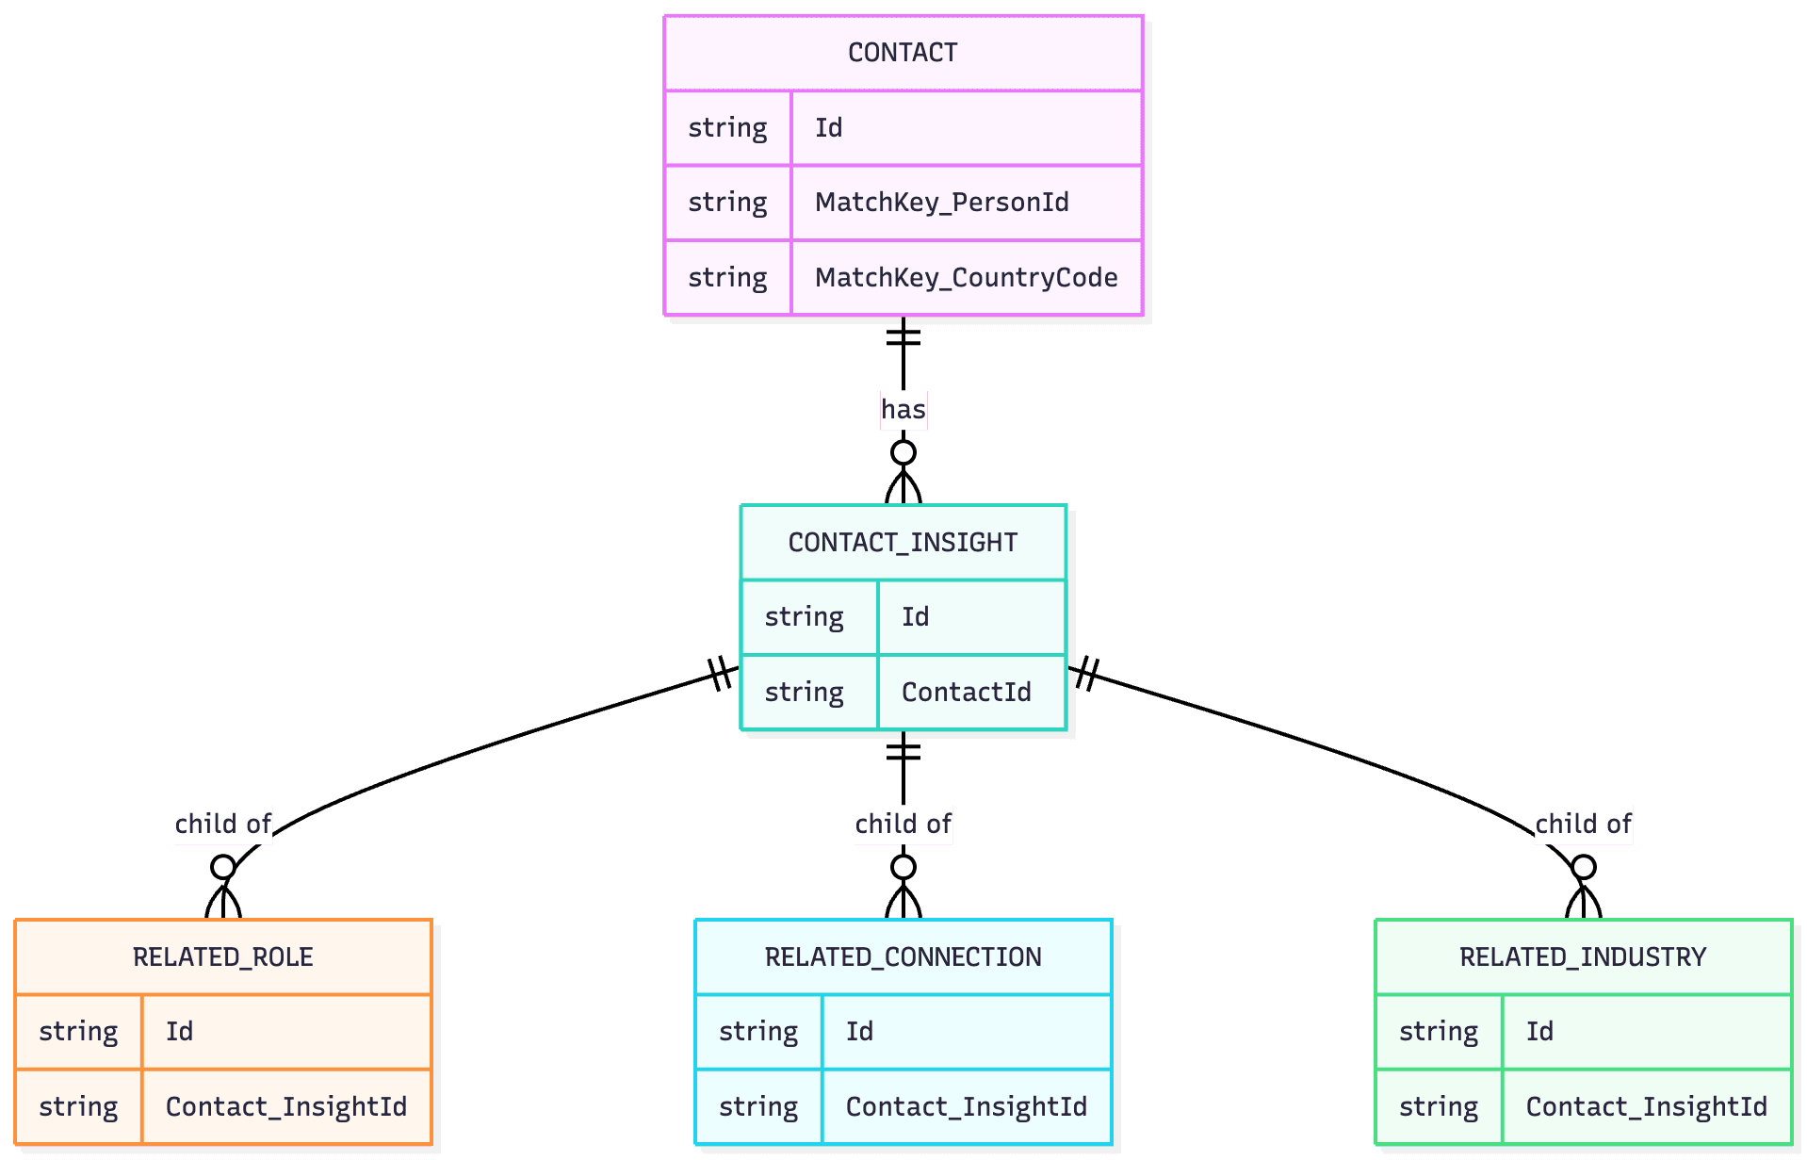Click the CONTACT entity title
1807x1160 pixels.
903,53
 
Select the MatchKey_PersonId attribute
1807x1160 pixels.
941,203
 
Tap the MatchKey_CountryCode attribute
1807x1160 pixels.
966,278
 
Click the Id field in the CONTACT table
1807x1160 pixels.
828,128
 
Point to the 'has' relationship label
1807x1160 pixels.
903,410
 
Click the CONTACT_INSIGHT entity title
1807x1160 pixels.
903,543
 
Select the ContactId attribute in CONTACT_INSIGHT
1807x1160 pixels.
966,693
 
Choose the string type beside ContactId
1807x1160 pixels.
804,693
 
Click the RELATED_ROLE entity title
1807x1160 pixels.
222,957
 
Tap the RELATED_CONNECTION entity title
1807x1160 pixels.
903,957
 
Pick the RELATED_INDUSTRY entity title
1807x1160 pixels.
1583,957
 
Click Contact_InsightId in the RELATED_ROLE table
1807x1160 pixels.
285,1107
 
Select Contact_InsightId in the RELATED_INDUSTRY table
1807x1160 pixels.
1646,1107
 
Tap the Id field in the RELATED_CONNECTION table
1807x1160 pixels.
859,1032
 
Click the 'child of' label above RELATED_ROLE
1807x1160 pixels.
222,825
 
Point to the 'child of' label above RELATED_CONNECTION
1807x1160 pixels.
903,825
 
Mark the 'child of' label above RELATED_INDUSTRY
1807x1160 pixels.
1583,825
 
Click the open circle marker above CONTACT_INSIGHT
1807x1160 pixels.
903,452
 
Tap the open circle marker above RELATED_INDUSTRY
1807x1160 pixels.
1583,866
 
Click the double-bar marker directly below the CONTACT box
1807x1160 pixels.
903,335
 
